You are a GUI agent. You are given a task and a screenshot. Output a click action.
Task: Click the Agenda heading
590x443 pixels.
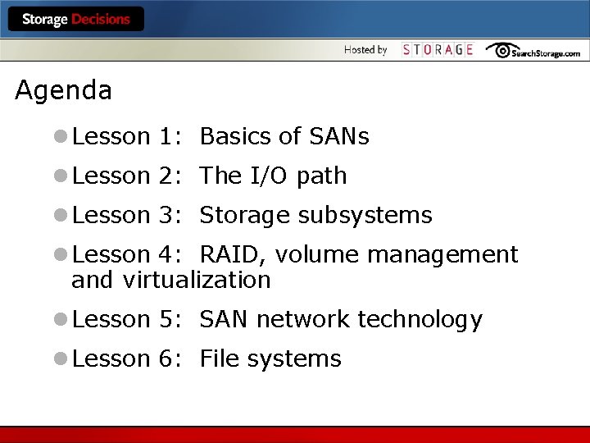click(63, 90)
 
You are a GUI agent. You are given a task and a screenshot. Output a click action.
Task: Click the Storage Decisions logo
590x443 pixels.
click(75, 19)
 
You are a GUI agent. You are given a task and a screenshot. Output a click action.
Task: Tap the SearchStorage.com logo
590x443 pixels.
click(533, 51)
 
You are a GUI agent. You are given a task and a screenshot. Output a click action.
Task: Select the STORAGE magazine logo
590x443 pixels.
click(438, 50)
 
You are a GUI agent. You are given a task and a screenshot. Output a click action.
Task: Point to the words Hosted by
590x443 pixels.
click(365, 50)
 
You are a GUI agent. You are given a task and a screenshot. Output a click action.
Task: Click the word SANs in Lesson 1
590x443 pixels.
click(338, 136)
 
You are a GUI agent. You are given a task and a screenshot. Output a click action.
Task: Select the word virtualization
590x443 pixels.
click(197, 280)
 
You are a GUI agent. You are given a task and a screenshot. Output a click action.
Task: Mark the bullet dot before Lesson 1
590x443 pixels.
click(61, 137)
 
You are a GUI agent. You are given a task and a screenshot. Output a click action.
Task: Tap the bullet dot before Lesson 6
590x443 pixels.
click(61, 359)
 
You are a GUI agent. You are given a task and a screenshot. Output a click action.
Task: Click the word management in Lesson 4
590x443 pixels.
click(442, 255)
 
